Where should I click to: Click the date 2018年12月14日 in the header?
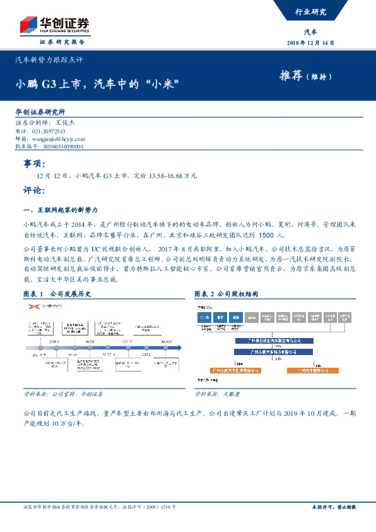[x=310, y=43]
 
